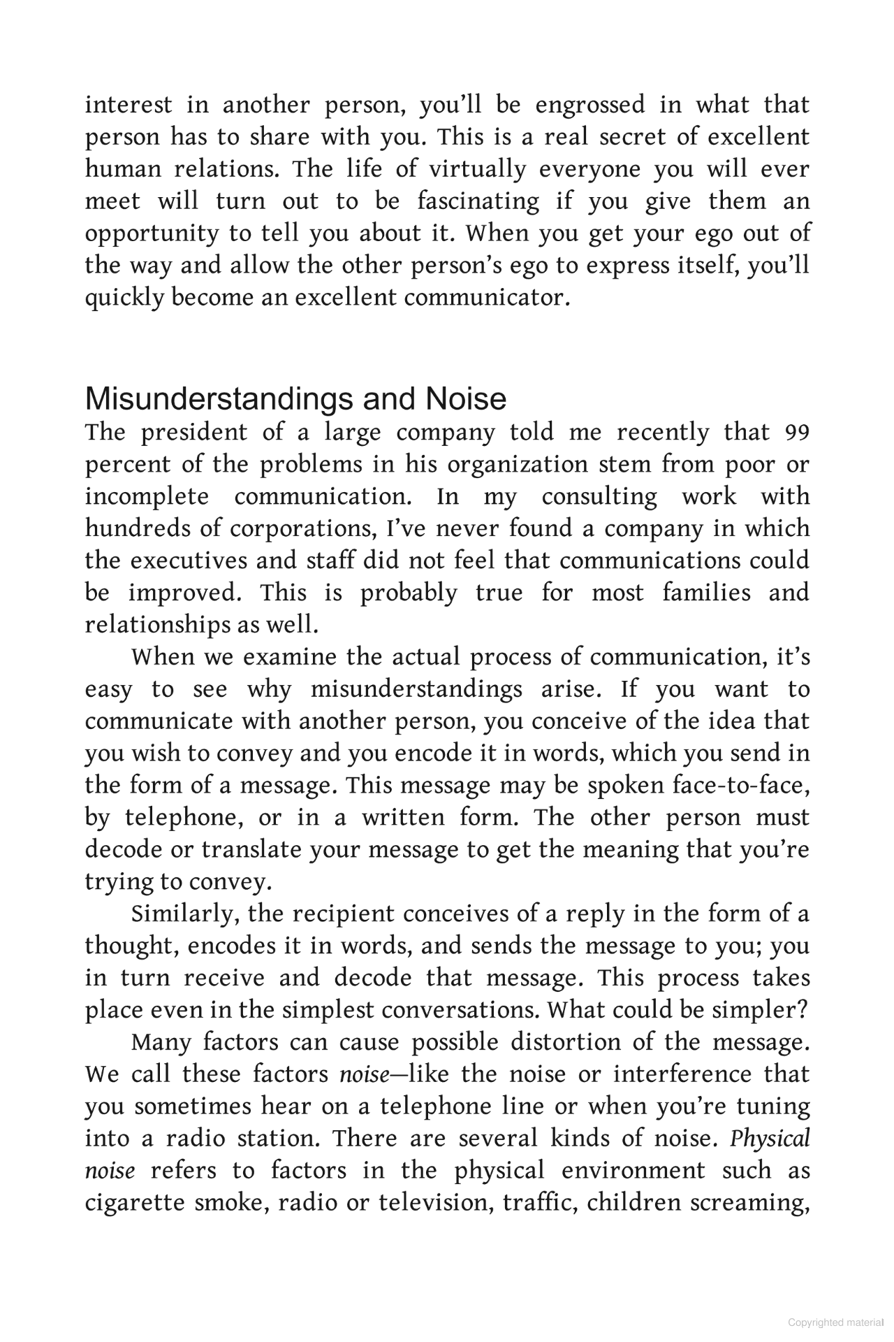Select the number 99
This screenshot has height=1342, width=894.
pos(797,433)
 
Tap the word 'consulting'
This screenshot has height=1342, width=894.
pos(599,498)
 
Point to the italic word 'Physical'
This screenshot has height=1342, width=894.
pos(770,1139)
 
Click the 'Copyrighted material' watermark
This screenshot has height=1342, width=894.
pos(835,1322)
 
